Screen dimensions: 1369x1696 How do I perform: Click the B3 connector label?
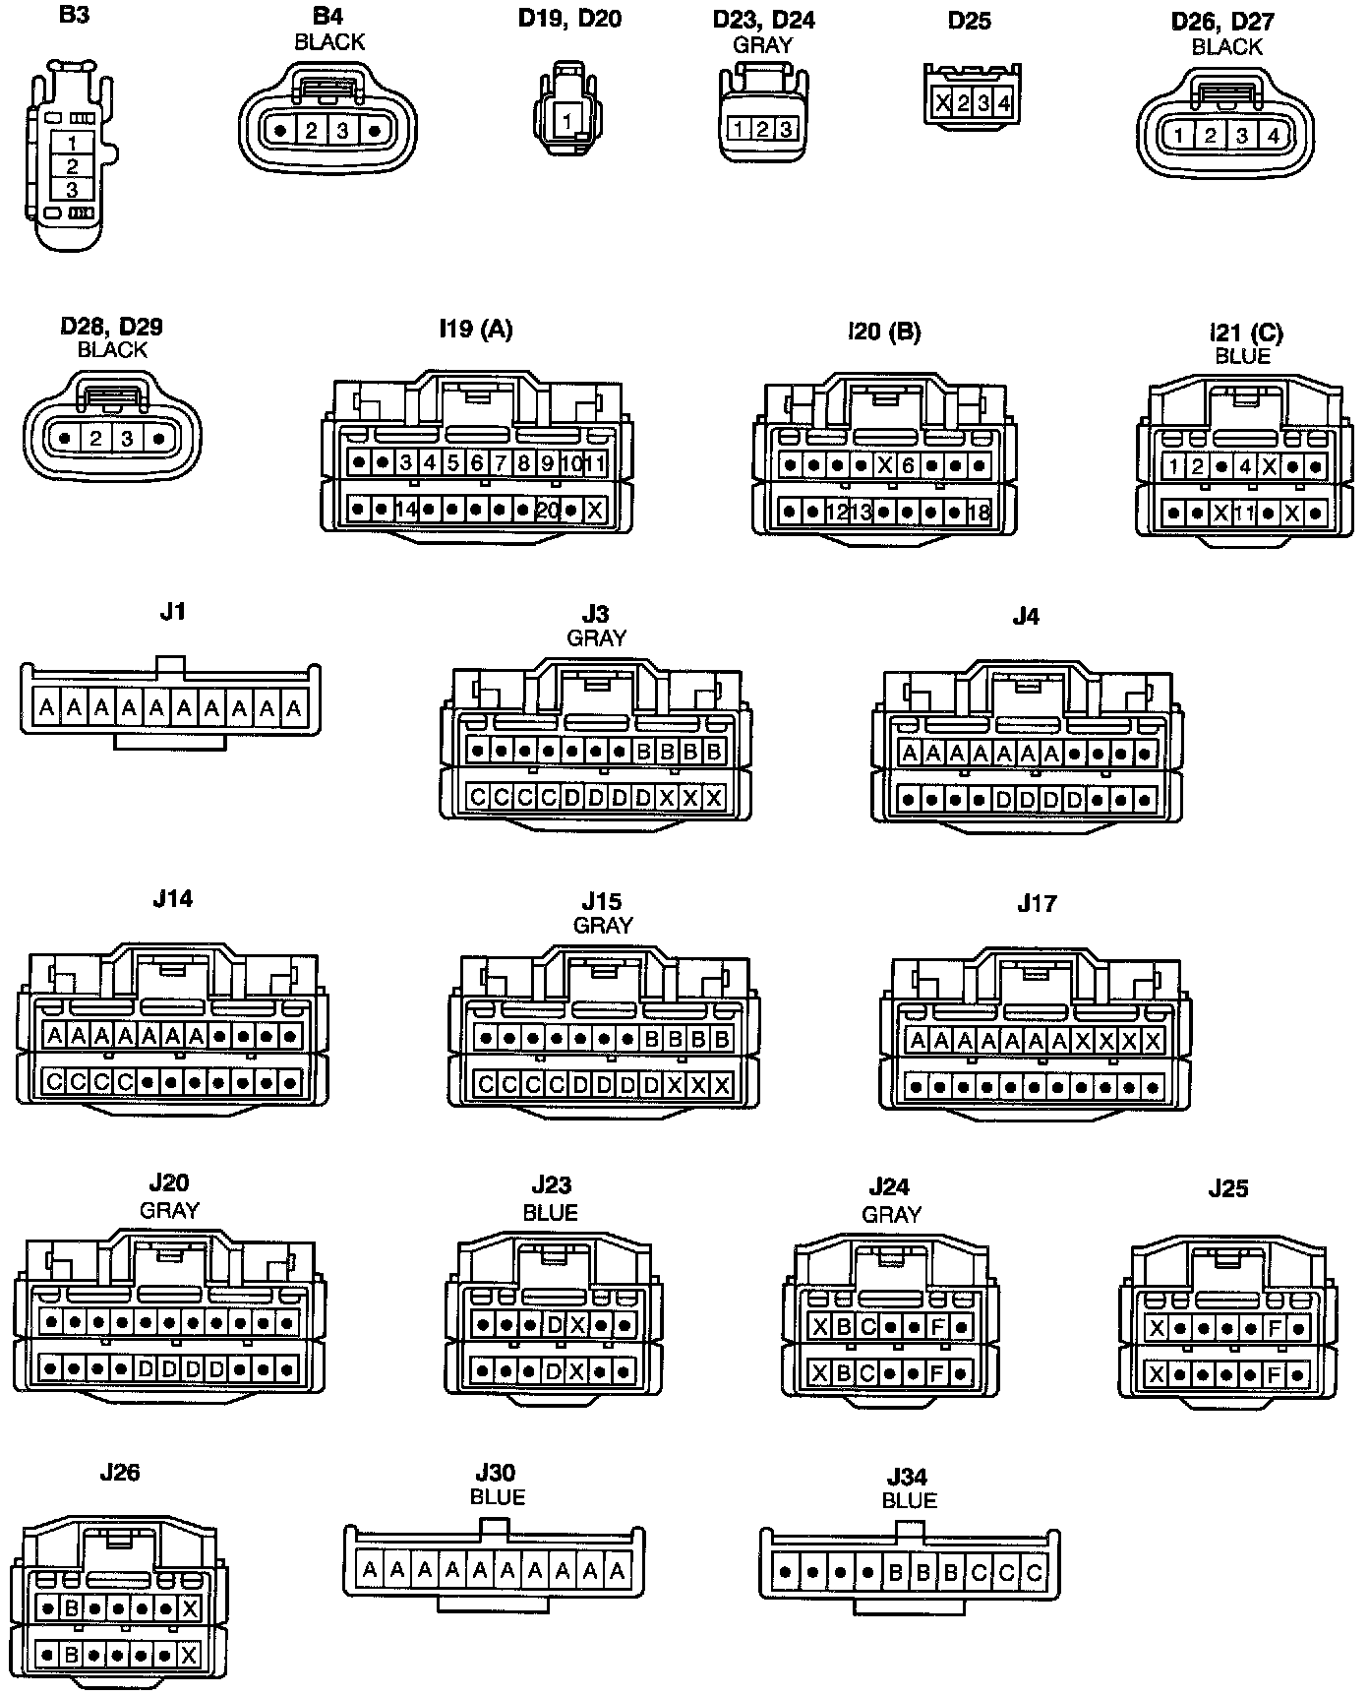click(74, 15)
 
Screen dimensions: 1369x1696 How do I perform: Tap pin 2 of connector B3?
click(73, 166)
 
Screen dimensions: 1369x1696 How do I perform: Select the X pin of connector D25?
click(942, 102)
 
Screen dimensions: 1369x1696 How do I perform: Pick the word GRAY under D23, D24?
click(762, 44)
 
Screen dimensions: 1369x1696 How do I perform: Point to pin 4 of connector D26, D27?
click(1273, 136)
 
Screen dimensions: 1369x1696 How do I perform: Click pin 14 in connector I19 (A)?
click(406, 511)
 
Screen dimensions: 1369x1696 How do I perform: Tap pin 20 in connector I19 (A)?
click(548, 511)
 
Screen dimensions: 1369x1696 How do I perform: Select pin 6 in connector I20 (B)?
click(908, 465)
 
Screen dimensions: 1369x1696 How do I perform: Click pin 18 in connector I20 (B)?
click(979, 513)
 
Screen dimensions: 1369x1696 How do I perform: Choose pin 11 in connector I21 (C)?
click(1245, 513)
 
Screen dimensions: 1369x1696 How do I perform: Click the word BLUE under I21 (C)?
click(1243, 356)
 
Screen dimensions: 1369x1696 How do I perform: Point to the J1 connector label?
click(173, 611)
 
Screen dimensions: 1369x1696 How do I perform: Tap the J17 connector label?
click(1037, 903)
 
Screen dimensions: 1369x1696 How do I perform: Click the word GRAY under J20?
click(169, 1210)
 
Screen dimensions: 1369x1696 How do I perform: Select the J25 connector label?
click(1227, 1188)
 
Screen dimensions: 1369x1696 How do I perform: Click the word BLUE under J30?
click(498, 1496)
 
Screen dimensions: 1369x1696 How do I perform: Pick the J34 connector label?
click(907, 1477)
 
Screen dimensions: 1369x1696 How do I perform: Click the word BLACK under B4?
click(329, 42)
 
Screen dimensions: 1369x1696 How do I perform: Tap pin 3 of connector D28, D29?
click(127, 438)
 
